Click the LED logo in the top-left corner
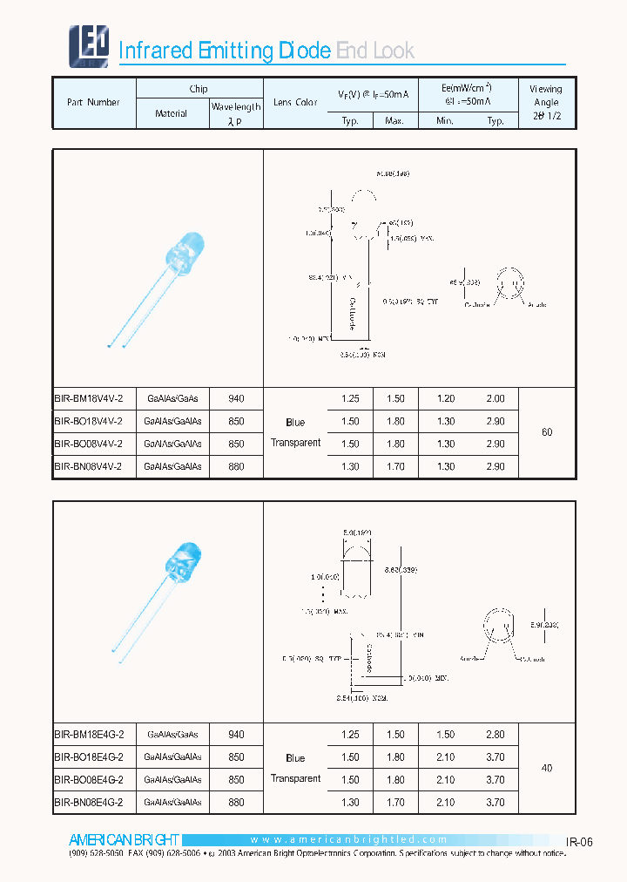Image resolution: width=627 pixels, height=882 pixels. tap(89, 46)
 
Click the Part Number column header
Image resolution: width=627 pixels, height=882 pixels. tap(93, 103)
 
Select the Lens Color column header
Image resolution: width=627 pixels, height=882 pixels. tap(295, 103)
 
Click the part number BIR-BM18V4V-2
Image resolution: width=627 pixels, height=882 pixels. tap(89, 398)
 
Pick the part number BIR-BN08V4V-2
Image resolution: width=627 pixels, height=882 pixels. tap(89, 467)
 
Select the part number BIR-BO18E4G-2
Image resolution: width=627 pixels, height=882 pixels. tap(89, 757)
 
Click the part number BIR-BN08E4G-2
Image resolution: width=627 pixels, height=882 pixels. tap(89, 803)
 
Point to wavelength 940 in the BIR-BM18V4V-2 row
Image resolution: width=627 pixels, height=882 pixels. tap(236, 398)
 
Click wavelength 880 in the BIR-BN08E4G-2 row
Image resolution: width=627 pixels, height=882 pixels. tap(236, 803)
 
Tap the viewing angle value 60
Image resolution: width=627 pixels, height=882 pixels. tap(547, 432)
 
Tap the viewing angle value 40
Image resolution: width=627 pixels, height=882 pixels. tap(547, 769)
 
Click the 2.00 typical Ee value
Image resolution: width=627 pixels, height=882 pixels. tap(495, 398)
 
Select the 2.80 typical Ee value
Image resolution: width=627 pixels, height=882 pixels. tap(495, 735)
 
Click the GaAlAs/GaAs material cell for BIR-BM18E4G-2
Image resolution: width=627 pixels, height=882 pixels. tap(172, 735)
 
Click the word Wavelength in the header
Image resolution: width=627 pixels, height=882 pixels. tap(236, 107)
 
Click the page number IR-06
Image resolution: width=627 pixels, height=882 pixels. tap(579, 842)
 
